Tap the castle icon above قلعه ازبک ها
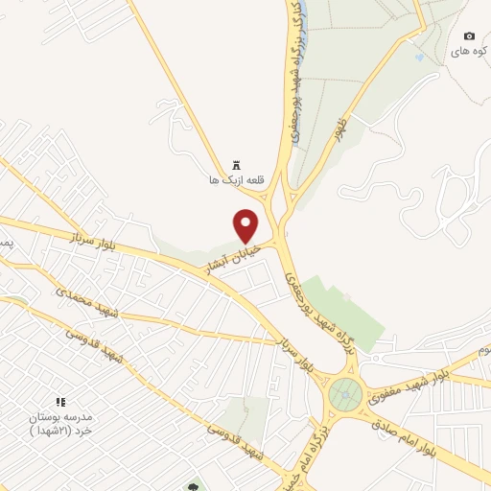(x=236, y=164)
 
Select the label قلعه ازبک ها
(x=235, y=180)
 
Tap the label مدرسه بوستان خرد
(x=60, y=423)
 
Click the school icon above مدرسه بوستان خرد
(x=60, y=402)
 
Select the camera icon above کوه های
(x=469, y=35)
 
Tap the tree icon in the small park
(x=194, y=486)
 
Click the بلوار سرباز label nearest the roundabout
(x=294, y=351)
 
